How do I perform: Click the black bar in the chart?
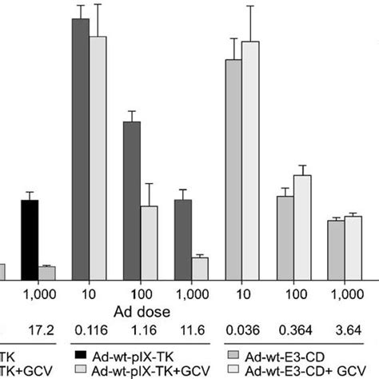coord(30,239)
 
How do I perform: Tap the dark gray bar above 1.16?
coord(131,200)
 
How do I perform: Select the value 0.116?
coord(90,329)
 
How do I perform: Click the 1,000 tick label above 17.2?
coord(38,293)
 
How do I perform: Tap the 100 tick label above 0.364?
coord(293,293)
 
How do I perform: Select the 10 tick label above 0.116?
coord(90,293)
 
